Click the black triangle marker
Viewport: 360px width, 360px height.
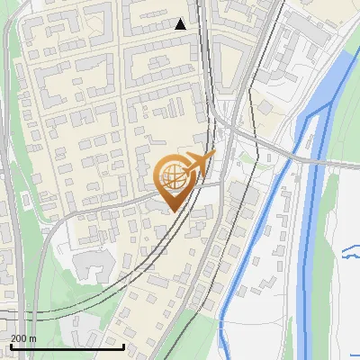[181, 24]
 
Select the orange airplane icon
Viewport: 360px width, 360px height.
[200, 163]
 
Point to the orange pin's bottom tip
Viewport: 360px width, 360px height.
[171, 211]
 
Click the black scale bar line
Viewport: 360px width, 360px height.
[67, 346]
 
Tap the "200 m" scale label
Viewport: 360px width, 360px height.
[23, 337]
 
